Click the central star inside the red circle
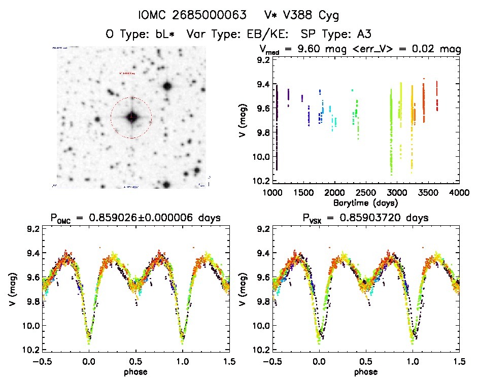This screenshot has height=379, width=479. tap(131, 117)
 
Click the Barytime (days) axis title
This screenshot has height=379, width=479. tap(366, 202)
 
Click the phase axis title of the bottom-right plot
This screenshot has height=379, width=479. tap(366, 371)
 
